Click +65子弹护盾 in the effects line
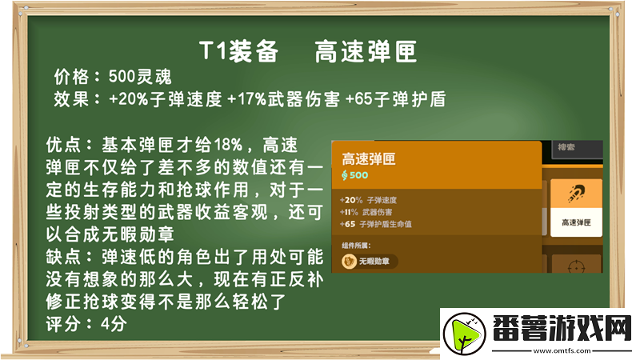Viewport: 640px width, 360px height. coord(395,100)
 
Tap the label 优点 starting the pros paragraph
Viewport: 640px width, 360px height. coord(63,146)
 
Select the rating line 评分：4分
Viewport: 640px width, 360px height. coord(87,325)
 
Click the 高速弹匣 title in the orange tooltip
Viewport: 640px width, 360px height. coord(369,158)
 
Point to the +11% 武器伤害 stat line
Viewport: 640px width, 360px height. coord(368,212)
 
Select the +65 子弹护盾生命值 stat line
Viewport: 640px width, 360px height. coord(379,224)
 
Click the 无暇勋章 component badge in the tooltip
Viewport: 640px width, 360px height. coord(370,261)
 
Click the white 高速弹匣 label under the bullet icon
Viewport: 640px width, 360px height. coord(575,222)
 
